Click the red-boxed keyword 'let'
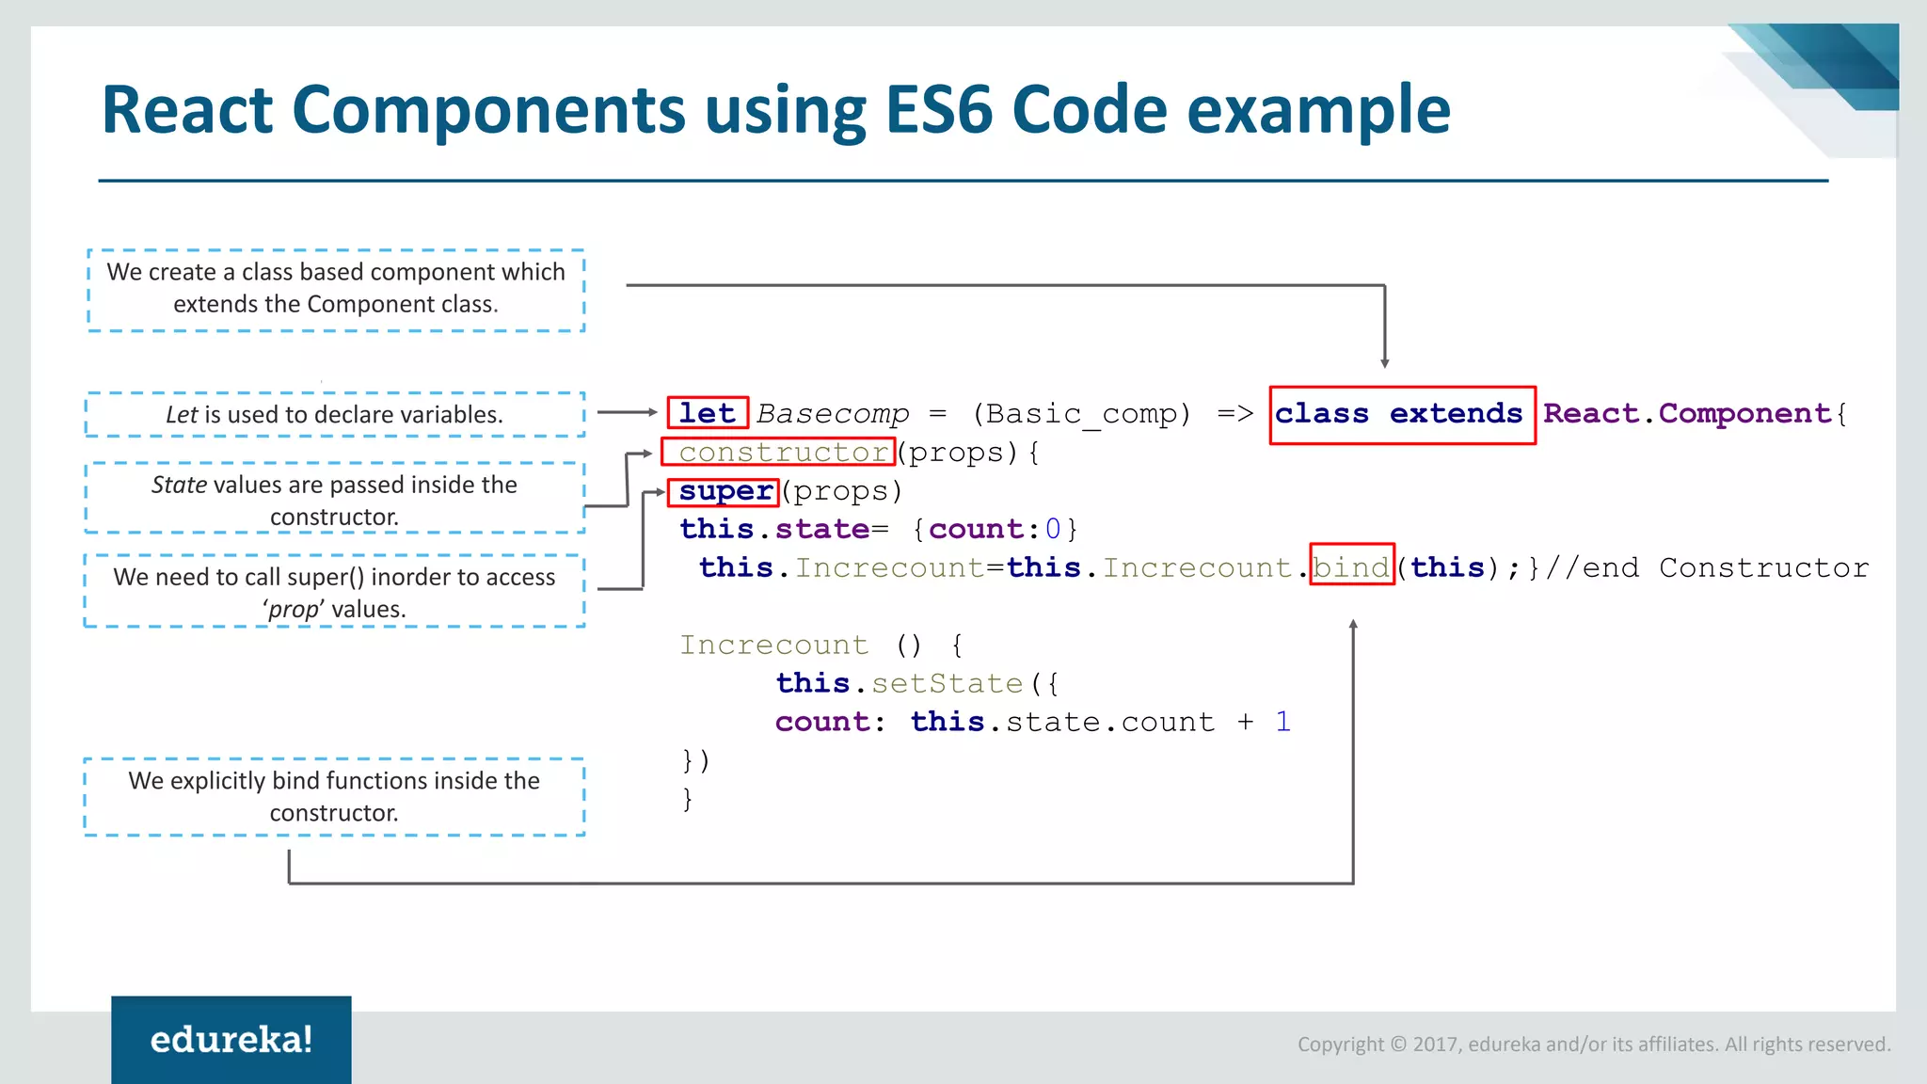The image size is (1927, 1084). [x=708, y=413]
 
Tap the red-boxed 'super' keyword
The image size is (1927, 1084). [x=725, y=491]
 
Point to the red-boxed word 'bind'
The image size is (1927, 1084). [x=1351, y=567]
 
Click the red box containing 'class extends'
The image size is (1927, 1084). [x=1401, y=414]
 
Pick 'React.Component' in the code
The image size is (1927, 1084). [x=1687, y=414]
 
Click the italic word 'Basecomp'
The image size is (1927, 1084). [x=833, y=414]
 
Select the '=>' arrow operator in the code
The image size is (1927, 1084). [x=1234, y=414]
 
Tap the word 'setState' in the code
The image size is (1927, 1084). [x=947, y=683]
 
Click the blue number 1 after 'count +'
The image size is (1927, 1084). [x=1283, y=722]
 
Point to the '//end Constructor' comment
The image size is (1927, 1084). [x=1706, y=568]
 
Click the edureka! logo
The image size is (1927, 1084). [x=231, y=1040]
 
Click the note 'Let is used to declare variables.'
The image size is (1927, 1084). [x=334, y=415]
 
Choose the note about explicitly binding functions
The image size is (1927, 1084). [x=334, y=796]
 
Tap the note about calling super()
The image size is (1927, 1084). [x=334, y=592]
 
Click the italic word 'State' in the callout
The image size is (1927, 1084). [x=179, y=485]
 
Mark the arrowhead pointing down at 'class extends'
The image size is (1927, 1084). [x=1384, y=362]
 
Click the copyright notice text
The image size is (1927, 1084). [x=1593, y=1044]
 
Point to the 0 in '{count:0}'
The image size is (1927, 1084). [x=1052, y=530]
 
